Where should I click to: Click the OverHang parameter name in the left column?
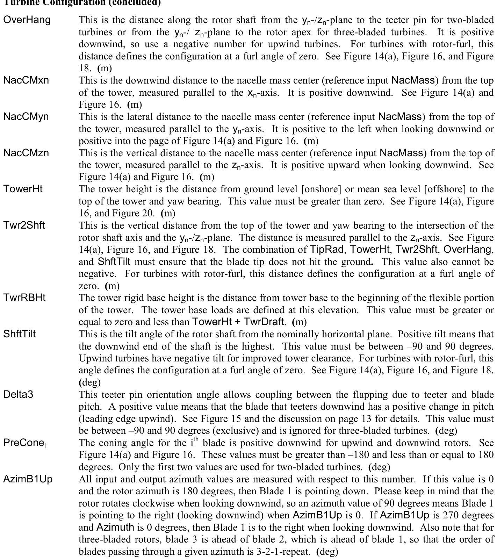(27, 20)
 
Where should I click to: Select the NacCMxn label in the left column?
(26, 80)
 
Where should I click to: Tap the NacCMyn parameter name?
(26, 116)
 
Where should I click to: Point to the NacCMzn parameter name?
(26, 153)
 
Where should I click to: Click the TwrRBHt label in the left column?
(24, 298)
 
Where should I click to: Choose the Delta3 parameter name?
(18, 394)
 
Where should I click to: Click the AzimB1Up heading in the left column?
(28, 479)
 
